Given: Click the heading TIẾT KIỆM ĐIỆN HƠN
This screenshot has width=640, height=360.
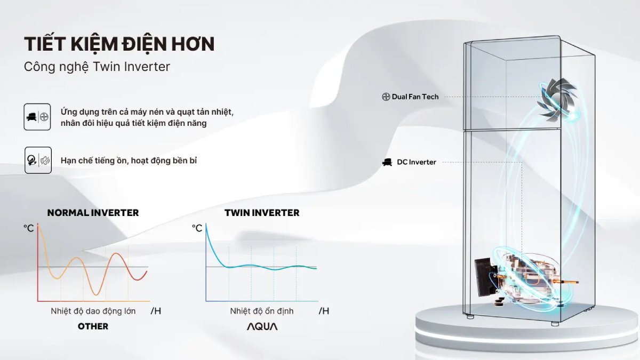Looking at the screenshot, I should pyautogui.click(x=119, y=44).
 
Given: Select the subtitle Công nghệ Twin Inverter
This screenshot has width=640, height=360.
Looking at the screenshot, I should pyautogui.click(x=97, y=67).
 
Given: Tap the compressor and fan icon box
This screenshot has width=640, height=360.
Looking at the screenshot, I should pyautogui.click(x=37, y=117).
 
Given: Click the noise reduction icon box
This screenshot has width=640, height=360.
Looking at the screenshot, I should pyautogui.click(x=38, y=160).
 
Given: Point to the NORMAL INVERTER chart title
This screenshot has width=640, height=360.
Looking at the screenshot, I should pyautogui.click(x=93, y=213).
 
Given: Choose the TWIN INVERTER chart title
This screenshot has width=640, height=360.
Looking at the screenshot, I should pyautogui.click(x=262, y=213).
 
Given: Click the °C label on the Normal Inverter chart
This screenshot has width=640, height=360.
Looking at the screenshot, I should pyautogui.click(x=28, y=228).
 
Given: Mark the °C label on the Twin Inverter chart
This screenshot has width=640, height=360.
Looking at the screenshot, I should pyautogui.click(x=197, y=228).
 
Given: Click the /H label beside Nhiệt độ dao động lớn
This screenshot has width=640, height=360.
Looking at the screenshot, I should pyautogui.click(x=156, y=311).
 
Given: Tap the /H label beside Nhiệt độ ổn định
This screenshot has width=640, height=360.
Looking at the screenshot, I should pyautogui.click(x=324, y=311).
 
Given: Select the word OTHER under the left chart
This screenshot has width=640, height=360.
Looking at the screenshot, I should pyautogui.click(x=93, y=326).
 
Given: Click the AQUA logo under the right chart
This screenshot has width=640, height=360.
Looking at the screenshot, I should pyautogui.click(x=262, y=326).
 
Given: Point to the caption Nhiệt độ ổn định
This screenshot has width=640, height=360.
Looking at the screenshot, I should pyautogui.click(x=262, y=311).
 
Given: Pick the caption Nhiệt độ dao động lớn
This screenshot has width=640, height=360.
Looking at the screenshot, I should pyautogui.click(x=93, y=311).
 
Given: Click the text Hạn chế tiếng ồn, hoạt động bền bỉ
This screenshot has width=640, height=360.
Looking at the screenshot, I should pyautogui.click(x=129, y=160).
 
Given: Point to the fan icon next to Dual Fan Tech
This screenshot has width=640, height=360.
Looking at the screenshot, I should pyautogui.click(x=386, y=97).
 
